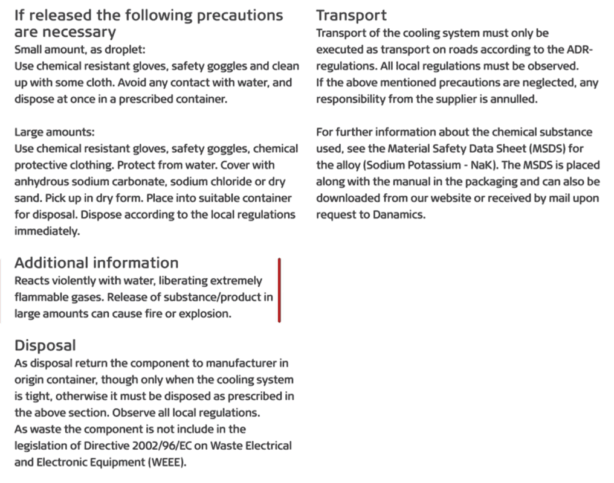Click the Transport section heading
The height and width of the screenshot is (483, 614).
pyautogui.click(x=351, y=15)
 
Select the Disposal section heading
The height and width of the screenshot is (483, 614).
pyautogui.click(x=45, y=345)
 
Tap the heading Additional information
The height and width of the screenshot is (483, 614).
pyautogui.click(x=96, y=263)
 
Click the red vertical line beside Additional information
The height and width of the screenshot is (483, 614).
pyautogui.click(x=279, y=290)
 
